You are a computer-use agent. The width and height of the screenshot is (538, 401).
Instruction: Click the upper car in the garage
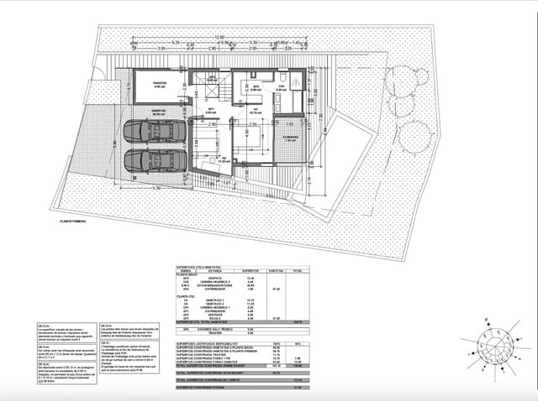[153, 132]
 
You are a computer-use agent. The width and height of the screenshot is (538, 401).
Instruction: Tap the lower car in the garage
[153, 160]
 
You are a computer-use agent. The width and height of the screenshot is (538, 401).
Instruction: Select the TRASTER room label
[160, 84]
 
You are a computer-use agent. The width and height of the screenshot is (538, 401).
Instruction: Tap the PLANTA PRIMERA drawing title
[71, 221]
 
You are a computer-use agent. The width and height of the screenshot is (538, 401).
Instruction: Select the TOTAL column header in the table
[297, 271]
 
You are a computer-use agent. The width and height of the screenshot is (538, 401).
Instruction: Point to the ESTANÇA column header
[214, 271]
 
